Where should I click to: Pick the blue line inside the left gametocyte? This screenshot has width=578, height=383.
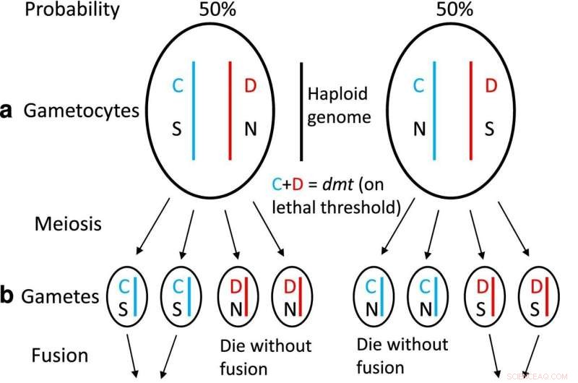click(194, 111)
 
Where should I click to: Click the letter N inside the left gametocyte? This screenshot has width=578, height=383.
click(250, 130)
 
